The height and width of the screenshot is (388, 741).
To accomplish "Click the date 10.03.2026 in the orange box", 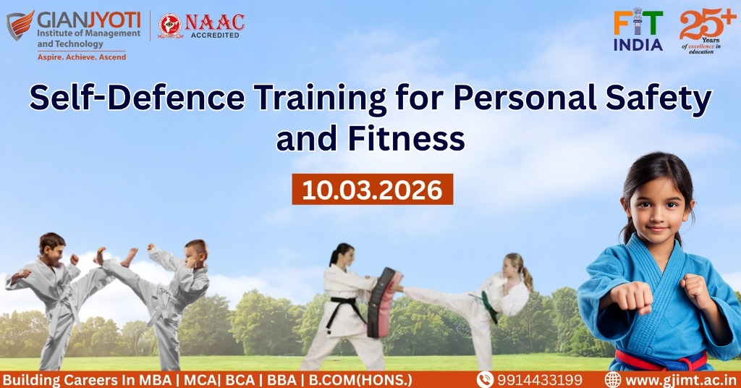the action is [373, 190].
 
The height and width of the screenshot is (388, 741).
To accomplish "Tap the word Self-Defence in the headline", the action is [137, 97].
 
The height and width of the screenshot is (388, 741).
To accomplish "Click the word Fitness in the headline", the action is [407, 138].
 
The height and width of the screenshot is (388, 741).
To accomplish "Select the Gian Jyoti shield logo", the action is [20, 25].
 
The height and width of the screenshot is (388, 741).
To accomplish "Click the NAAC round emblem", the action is [170, 25].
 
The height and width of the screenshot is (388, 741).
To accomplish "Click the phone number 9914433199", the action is [540, 380].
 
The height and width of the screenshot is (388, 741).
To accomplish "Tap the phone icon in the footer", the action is [485, 379].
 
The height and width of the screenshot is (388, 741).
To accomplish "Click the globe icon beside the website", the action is [613, 379].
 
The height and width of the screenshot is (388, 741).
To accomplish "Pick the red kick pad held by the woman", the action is [384, 303].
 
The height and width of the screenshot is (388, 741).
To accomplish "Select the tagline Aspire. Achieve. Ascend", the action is [82, 57].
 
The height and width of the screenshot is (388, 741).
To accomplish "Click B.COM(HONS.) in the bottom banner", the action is [360, 380].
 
